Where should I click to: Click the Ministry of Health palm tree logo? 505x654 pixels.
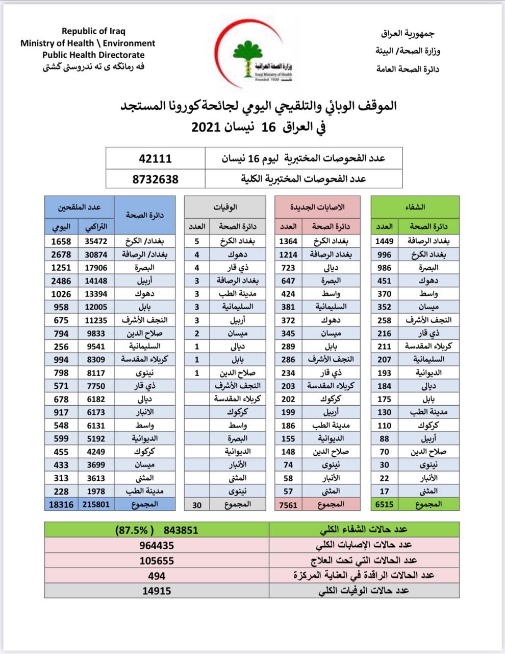point(248,56)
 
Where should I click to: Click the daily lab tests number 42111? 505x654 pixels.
point(155,158)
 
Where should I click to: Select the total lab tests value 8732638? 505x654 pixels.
point(155,179)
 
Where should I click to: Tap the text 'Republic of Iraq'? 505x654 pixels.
point(93,32)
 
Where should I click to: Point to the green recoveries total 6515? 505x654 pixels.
point(384,504)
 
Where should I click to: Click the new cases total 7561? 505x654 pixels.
point(288,505)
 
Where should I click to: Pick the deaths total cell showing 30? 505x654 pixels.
point(197,505)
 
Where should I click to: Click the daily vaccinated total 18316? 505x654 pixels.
point(61,504)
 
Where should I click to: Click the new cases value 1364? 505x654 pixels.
point(288,241)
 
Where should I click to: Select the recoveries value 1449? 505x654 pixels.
point(384,241)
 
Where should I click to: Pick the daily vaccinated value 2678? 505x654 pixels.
point(61,254)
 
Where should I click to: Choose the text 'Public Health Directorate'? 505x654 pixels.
point(93,55)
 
